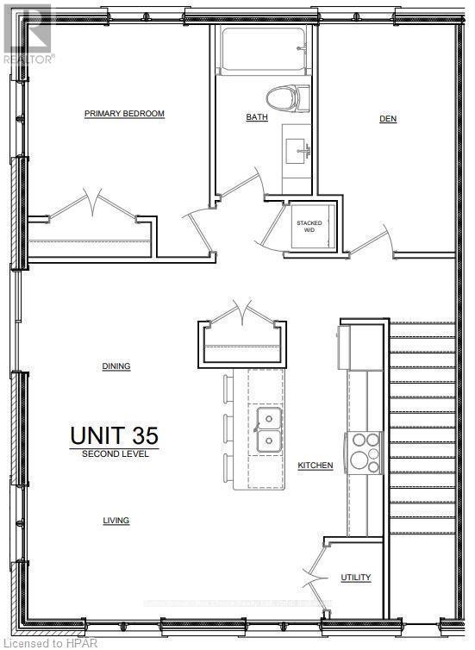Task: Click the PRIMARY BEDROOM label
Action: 124,114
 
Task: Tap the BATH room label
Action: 257,118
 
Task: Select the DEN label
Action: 388,119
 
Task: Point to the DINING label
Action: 116,366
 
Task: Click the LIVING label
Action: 116,521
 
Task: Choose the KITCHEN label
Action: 316,466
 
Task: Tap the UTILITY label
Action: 355,578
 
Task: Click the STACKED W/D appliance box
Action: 309,227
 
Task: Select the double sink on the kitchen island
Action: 267,430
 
